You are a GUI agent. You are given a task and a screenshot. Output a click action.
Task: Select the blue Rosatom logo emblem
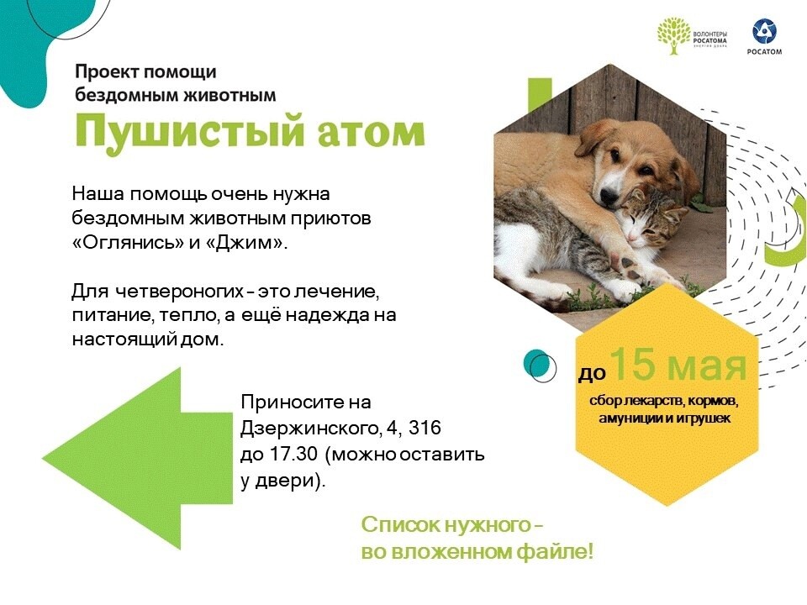coord(764,31)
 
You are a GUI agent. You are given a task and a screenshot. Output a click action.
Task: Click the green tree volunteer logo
coord(673,35)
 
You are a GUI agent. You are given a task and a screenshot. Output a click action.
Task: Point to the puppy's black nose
coord(609,194)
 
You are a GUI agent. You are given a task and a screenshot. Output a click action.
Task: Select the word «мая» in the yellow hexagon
coord(704,366)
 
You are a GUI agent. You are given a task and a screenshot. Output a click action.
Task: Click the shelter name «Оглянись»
coord(128,243)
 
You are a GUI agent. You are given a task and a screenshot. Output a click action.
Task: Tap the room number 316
coord(425,428)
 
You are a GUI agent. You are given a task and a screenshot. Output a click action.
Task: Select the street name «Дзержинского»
coord(310,429)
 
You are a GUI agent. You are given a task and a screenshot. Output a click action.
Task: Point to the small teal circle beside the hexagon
coord(537,364)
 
